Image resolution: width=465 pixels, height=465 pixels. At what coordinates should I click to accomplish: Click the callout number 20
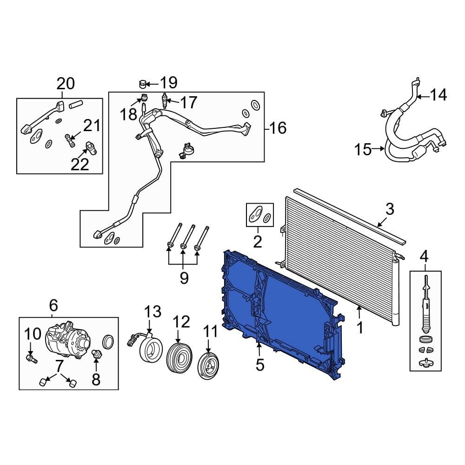[x=66, y=84]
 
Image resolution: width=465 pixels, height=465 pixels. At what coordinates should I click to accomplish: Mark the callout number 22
[x=80, y=164]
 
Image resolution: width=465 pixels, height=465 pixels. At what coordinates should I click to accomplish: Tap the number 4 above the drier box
[x=424, y=256]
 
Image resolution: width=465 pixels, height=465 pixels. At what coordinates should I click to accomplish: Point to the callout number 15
[x=364, y=150]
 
